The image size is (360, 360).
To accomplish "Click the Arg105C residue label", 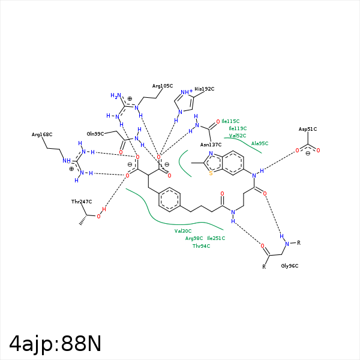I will (163, 86).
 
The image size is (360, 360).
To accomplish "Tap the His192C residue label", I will (204, 89).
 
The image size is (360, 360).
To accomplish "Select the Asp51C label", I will (308, 129).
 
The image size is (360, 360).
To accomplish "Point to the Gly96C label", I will (290, 266).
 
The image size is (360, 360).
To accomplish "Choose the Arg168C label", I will (42, 134).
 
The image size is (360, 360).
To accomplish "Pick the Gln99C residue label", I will (95, 134).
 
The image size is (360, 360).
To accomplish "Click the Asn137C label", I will (211, 145).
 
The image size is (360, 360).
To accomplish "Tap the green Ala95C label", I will (260, 143).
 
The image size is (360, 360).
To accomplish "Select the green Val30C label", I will (183, 231).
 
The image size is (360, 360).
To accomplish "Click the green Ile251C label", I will (216, 238).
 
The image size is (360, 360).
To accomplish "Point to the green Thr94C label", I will (201, 246).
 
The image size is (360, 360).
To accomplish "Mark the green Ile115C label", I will (230, 121).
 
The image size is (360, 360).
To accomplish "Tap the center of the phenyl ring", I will (170, 200).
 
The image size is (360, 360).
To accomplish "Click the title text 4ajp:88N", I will (55, 343).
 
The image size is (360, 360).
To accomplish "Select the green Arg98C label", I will (194, 238).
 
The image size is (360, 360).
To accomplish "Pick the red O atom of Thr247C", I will (99, 217).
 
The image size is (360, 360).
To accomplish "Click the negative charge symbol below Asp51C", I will (307, 154).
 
